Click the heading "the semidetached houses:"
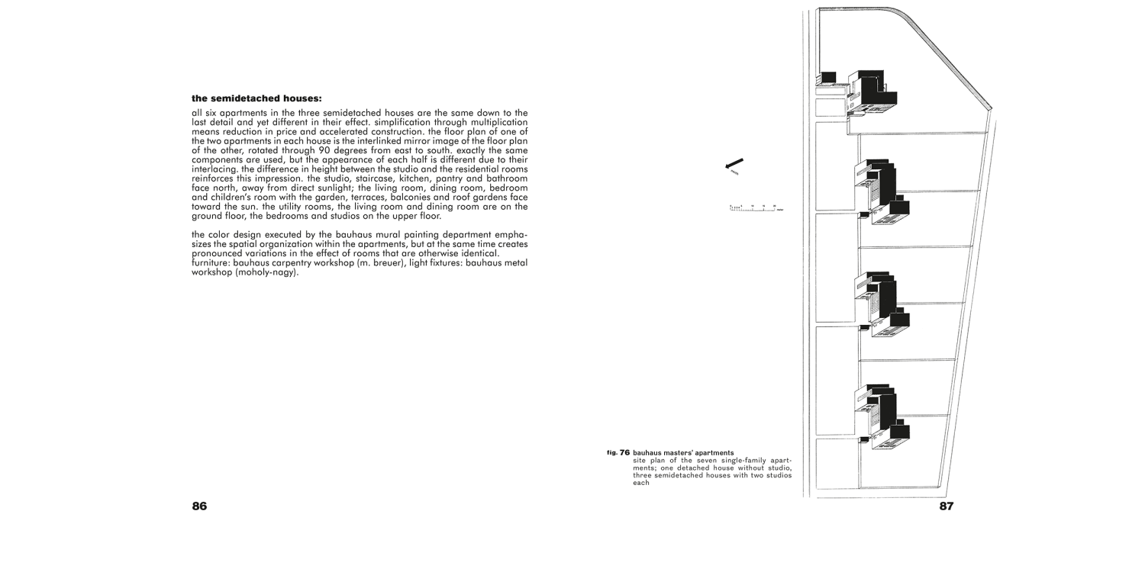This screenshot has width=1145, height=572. pos(256,98)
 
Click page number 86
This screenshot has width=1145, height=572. pos(199,506)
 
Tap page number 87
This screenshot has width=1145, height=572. pos(946,506)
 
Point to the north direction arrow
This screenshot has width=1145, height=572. pos(734,165)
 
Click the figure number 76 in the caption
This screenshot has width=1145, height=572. pos(624,453)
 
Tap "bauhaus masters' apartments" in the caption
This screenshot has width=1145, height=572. pos(683,453)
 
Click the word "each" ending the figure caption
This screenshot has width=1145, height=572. pos(641,482)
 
